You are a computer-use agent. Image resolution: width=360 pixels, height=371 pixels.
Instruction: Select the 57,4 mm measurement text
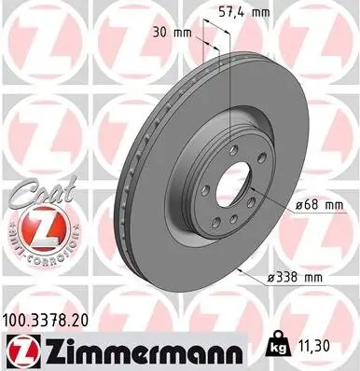coord(245,14)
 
